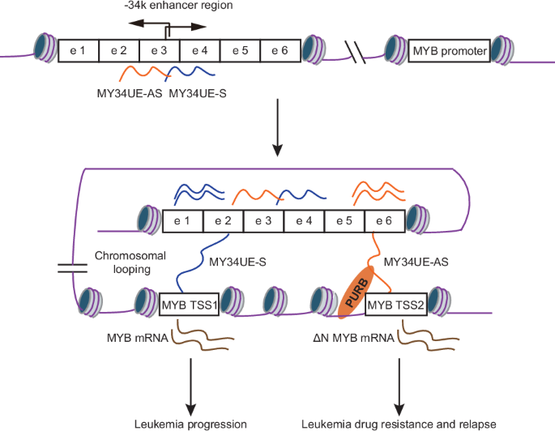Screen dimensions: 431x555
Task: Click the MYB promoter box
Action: [x=450, y=53]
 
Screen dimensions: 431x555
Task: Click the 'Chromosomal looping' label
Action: [x=124, y=262]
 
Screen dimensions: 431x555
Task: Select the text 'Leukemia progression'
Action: [x=191, y=423]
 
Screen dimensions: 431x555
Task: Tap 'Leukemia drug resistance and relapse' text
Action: [x=398, y=423]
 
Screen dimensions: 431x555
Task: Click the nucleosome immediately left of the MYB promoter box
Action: [x=395, y=53]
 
